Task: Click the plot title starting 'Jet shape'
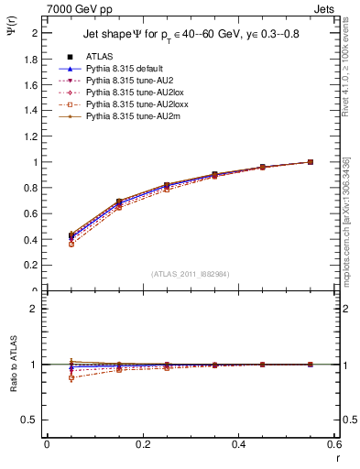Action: pos(191,35)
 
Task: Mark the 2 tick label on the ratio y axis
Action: pos(37,309)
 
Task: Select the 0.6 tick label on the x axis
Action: pos(335,444)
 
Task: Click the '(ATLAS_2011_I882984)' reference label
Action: pos(191,274)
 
